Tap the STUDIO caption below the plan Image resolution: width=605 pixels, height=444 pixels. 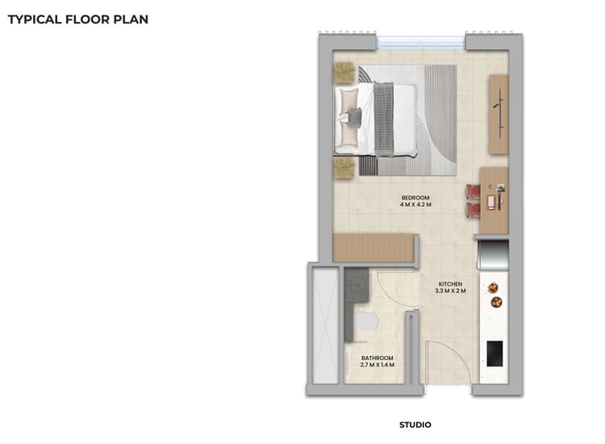tap(415, 425)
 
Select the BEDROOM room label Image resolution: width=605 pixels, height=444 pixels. tap(415, 198)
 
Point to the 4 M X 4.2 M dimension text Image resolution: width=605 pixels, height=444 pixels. tap(415, 205)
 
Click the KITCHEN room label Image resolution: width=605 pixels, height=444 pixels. tap(449, 284)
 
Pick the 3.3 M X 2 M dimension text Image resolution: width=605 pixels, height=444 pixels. tap(449, 291)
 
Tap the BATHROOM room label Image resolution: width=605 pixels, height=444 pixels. tap(377, 358)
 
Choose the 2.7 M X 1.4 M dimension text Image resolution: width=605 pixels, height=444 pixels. tap(377, 365)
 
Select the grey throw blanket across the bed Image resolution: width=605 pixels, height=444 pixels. tap(384, 119)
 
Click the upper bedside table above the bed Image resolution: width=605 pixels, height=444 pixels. tap(344, 72)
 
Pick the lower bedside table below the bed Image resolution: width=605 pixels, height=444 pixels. tap(344, 167)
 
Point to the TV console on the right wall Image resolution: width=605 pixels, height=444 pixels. tap(499, 113)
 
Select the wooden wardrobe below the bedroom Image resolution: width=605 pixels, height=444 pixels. tap(373, 248)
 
